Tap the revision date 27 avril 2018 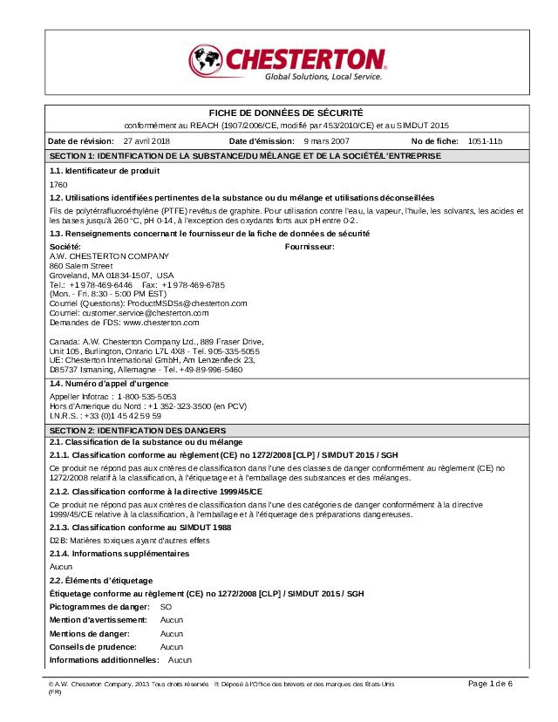pyautogui.click(x=147, y=140)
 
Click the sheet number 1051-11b pyautogui.click(x=486, y=140)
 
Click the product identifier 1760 pyautogui.click(x=58, y=185)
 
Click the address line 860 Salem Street pyautogui.click(x=81, y=265)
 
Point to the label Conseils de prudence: pyautogui.click(x=93, y=647)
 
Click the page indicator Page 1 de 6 pyautogui.click(x=490, y=684)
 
